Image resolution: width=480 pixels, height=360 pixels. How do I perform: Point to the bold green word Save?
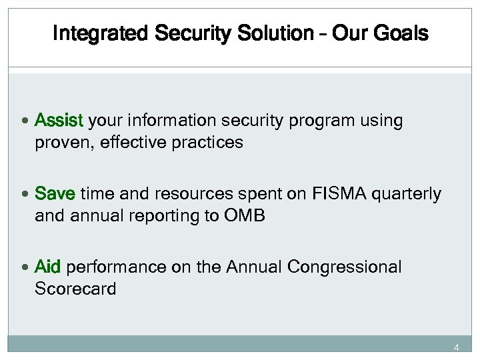pos(55,194)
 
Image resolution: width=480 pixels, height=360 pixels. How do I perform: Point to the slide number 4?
pos(457,347)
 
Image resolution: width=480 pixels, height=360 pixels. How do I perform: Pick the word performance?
pos(109,267)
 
